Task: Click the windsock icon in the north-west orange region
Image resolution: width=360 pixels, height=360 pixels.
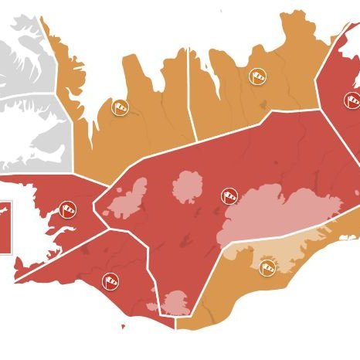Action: [x=120, y=107]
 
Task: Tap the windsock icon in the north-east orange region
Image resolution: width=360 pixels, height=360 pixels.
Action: [x=258, y=76]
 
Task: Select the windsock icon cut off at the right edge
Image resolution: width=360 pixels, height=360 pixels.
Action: [x=352, y=100]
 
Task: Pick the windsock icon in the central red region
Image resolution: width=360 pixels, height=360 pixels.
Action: [x=229, y=196]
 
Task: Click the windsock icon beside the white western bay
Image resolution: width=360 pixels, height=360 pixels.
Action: [x=69, y=209]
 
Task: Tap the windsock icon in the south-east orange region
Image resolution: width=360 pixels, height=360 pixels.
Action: [x=268, y=266]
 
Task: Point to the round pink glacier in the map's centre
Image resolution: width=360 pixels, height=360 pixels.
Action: [x=187, y=186]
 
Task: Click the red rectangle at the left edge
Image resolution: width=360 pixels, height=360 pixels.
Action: [x=5, y=227]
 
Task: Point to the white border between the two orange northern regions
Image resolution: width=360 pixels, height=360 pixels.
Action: [x=190, y=100]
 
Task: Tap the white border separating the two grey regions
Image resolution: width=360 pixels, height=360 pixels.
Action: [x=31, y=94]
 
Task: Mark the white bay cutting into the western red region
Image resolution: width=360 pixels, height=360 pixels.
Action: [x=31, y=232]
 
